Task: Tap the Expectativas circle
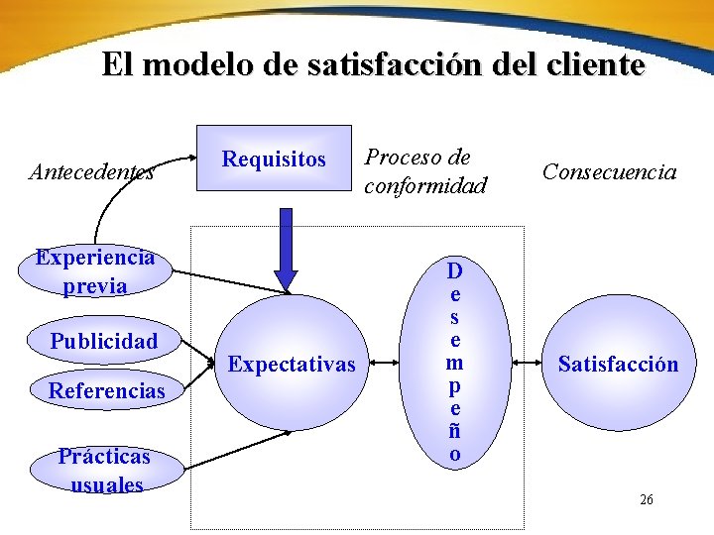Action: [x=291, y=365]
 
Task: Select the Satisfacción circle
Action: [x=618, y=365]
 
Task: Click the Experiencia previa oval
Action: [x=95, y=271]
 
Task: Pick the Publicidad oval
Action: [x=104, y=342]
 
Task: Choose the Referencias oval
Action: [x=106, y=390]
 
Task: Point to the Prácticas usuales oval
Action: [x=104, y=470]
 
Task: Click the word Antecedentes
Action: [x=91, y=172]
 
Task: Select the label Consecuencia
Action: [x=609, y=172]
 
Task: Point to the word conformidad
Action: [x=425, y=185]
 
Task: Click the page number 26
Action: [x=647, y=500]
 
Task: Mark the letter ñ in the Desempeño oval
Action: [x=453, y=431]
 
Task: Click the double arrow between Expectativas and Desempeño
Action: [x=388, y=365]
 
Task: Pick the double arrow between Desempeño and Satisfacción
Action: [x=527, y=365]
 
